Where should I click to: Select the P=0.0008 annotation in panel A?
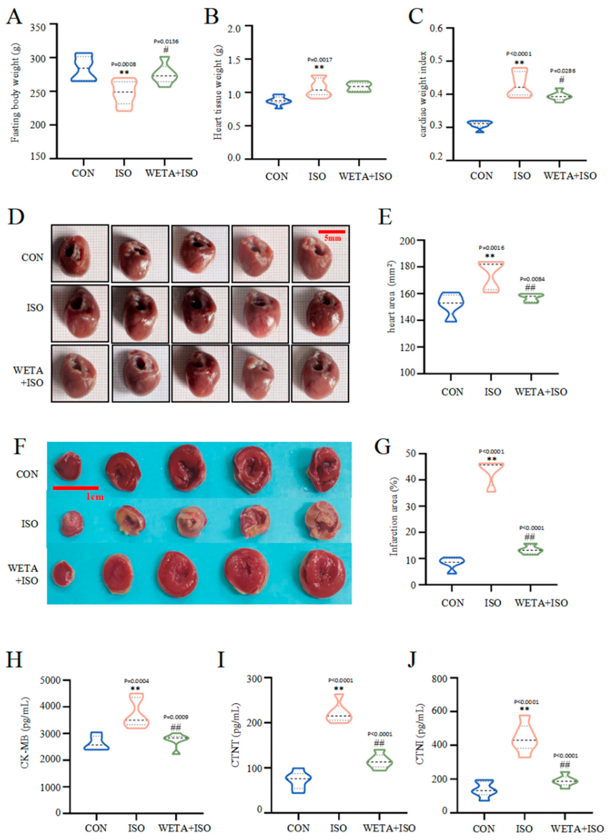[124, 64]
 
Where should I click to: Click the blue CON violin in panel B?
[280, 101]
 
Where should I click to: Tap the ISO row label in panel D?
[35, 308]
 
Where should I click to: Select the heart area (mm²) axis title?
[392, 296]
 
